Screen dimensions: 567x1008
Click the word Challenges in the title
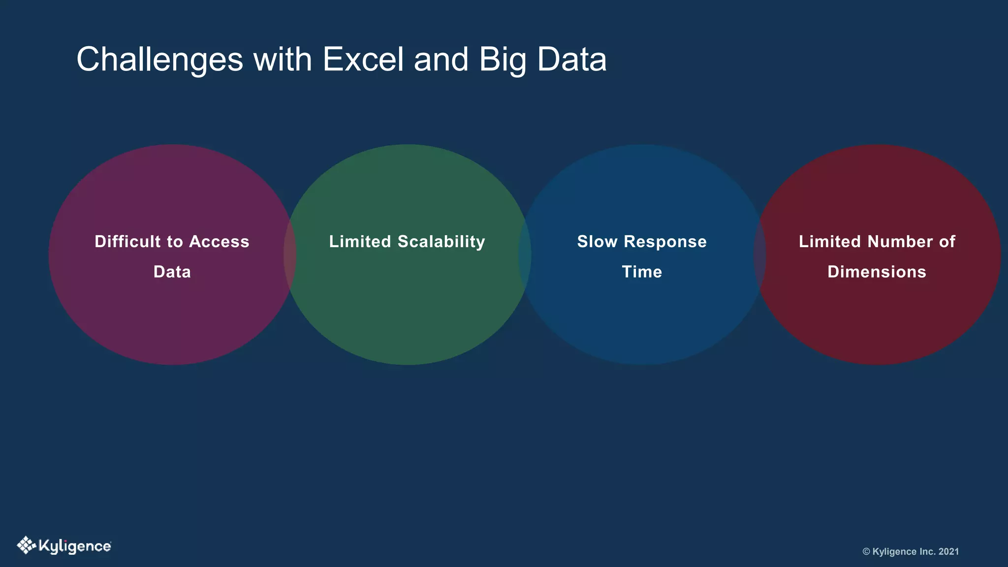(160, 60)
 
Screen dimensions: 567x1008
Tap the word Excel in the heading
(364, 60)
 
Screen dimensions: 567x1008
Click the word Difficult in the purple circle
(127, 242)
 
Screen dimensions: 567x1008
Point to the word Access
(219, 242)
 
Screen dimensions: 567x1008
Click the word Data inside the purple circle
(172, 272)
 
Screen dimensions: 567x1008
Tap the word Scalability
(441, 242)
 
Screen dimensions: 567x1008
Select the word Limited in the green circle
(360, 242)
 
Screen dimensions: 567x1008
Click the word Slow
(597, 242)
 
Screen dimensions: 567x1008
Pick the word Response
(665, 242)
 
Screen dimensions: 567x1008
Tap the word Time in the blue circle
(642, 272)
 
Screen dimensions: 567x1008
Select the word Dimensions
(877, 272)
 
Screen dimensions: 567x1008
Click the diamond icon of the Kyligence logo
(26, 545)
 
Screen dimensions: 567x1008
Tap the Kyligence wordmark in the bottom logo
(75, 547)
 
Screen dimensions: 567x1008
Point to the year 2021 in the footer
(948, 552)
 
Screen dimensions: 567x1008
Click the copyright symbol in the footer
(866, 552)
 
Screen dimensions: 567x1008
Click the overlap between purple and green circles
(290, 254)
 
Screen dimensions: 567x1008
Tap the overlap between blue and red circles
(760, 254)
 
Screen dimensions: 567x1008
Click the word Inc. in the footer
(927, 552)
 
